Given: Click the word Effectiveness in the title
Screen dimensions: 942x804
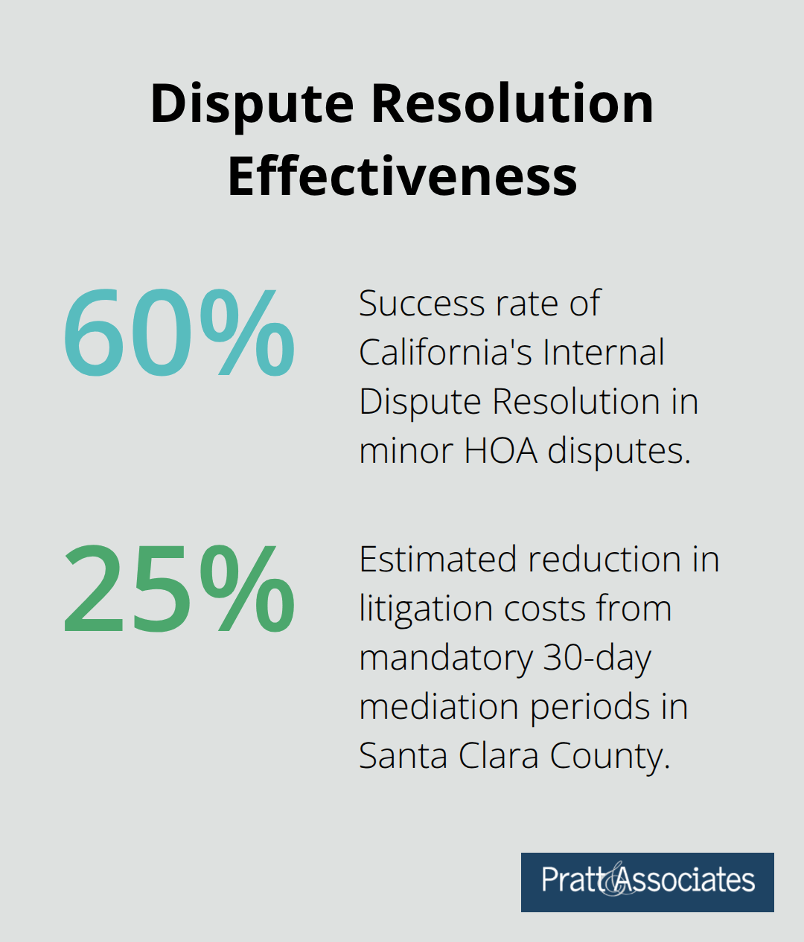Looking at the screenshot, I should point(402,176).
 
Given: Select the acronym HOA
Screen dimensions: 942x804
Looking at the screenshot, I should point(500,451).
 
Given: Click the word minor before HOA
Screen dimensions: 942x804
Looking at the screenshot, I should point(406,451).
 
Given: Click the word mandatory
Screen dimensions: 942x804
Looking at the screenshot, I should point(446,659).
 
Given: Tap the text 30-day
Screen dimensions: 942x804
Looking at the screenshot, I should point(597,659).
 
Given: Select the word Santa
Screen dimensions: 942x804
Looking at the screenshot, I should point(402,756).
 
